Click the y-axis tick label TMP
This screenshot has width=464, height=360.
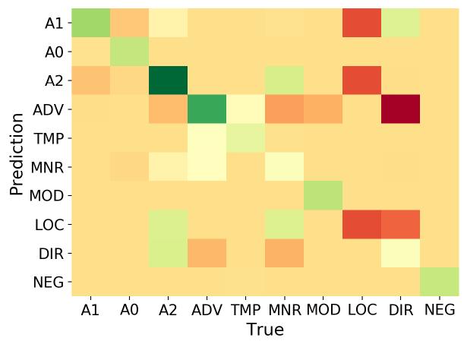[47, 139]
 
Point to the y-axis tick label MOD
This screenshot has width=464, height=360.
[46, 196]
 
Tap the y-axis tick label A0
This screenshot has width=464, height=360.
[54, 53]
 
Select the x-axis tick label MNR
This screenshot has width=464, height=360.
[285, 310]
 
